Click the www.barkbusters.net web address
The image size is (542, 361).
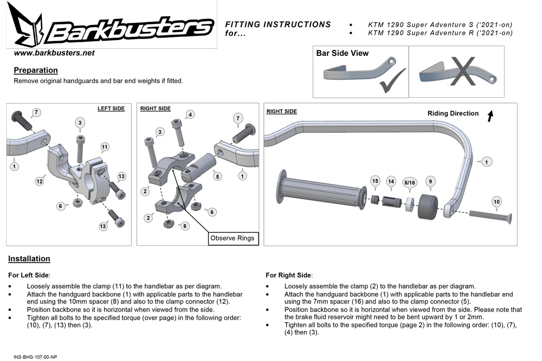[54, 53]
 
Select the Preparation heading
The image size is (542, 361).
[36, 70]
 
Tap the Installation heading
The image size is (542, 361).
[29, 259]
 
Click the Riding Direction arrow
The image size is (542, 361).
[490, 116]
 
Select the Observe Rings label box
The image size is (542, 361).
[231, 238]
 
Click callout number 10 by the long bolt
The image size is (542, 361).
[496, 201]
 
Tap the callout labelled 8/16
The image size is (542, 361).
[409, 183]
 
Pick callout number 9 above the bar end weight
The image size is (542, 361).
[430, 181]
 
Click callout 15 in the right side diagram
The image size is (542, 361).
[375, 180]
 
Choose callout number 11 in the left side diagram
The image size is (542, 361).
[105, 147]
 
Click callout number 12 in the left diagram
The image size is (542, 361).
[39, 181]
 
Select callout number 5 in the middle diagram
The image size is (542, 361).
[217, 176]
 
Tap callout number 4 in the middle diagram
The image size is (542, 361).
[190, 115]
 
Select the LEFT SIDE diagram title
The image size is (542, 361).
[111, 109]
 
